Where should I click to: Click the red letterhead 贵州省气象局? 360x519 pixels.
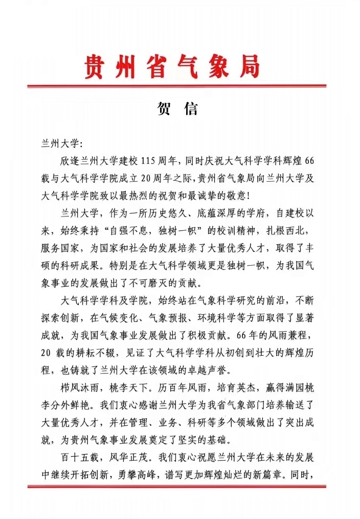[x=172, y=67]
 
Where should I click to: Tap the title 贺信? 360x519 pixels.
[x=175, y=110]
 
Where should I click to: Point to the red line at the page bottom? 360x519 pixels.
[x=176, y=486]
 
